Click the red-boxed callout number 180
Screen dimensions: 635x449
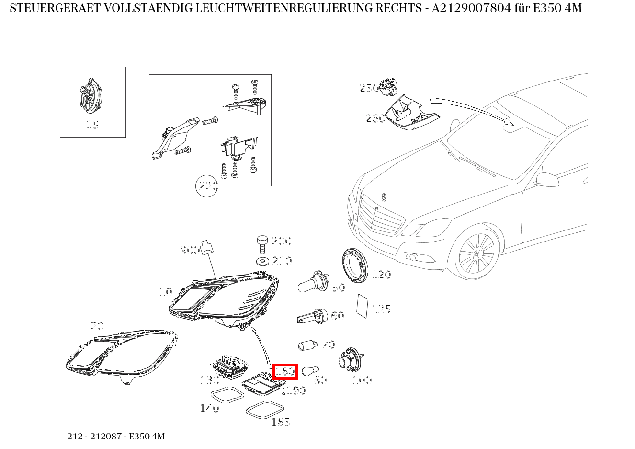click(x=285, y=371)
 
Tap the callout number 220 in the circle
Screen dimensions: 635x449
click(x=208, y=186)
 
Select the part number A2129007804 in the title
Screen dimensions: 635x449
click(x=471, y=8)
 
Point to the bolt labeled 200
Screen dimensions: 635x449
click(x=262, y=244)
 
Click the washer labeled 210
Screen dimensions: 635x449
click(x=263, y=261)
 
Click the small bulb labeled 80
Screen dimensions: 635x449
click(x=310, y=370)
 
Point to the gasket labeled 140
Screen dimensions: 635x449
click(x=227, y=395)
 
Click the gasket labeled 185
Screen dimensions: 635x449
click(x=265, y=409)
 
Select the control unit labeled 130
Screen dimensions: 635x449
click(x=230, y=366)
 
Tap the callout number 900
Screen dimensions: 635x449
click(x=190, y=250)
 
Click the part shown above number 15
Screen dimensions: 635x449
click(x=91, y=96)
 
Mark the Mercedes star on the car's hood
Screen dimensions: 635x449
click(x=384, y=197)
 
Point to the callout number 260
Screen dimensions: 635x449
click(x=375, y=118)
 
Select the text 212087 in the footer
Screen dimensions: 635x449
click(x=103, y=436)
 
